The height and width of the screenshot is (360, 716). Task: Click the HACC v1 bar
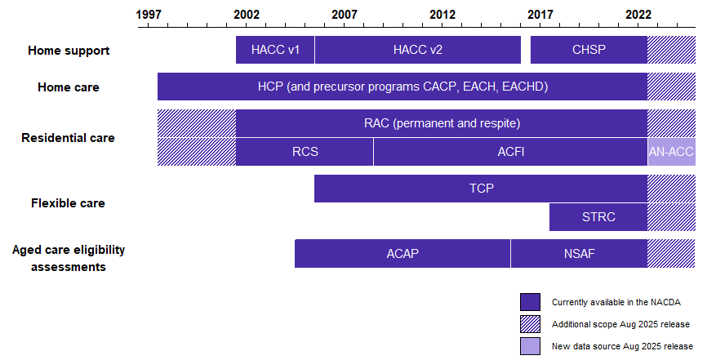(x=275, y=50)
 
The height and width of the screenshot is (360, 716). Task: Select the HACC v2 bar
(x=418, y=50)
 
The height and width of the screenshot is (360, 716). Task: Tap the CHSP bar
(x=589, y=50)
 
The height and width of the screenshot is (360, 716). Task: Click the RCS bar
(x=305, y=152)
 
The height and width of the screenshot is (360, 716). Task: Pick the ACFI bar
(x=510, y=152)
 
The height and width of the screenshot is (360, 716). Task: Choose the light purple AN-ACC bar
(x=672, y=152)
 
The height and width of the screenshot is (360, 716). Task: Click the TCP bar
(x=481, y=189)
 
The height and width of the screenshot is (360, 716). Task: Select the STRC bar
(x=598, y=217)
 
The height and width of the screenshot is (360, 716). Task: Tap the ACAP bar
(x=402, y=254)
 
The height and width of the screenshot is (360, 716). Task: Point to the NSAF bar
(x=579, y=254)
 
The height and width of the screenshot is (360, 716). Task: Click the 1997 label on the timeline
(x=149, y=15)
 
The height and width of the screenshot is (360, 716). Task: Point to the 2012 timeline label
(x=442, y=15)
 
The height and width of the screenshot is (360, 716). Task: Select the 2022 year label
(x=638, y=15)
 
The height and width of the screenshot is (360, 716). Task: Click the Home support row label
(x=69, y=51)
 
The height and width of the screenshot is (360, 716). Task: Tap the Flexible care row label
(x=68, y=202)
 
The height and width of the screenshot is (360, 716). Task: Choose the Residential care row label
(x=68, y=137)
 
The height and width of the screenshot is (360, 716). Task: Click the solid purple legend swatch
(x=530, y=302)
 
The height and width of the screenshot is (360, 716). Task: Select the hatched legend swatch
(x=530, y=324)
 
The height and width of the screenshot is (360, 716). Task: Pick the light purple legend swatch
(x=530, y=346)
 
